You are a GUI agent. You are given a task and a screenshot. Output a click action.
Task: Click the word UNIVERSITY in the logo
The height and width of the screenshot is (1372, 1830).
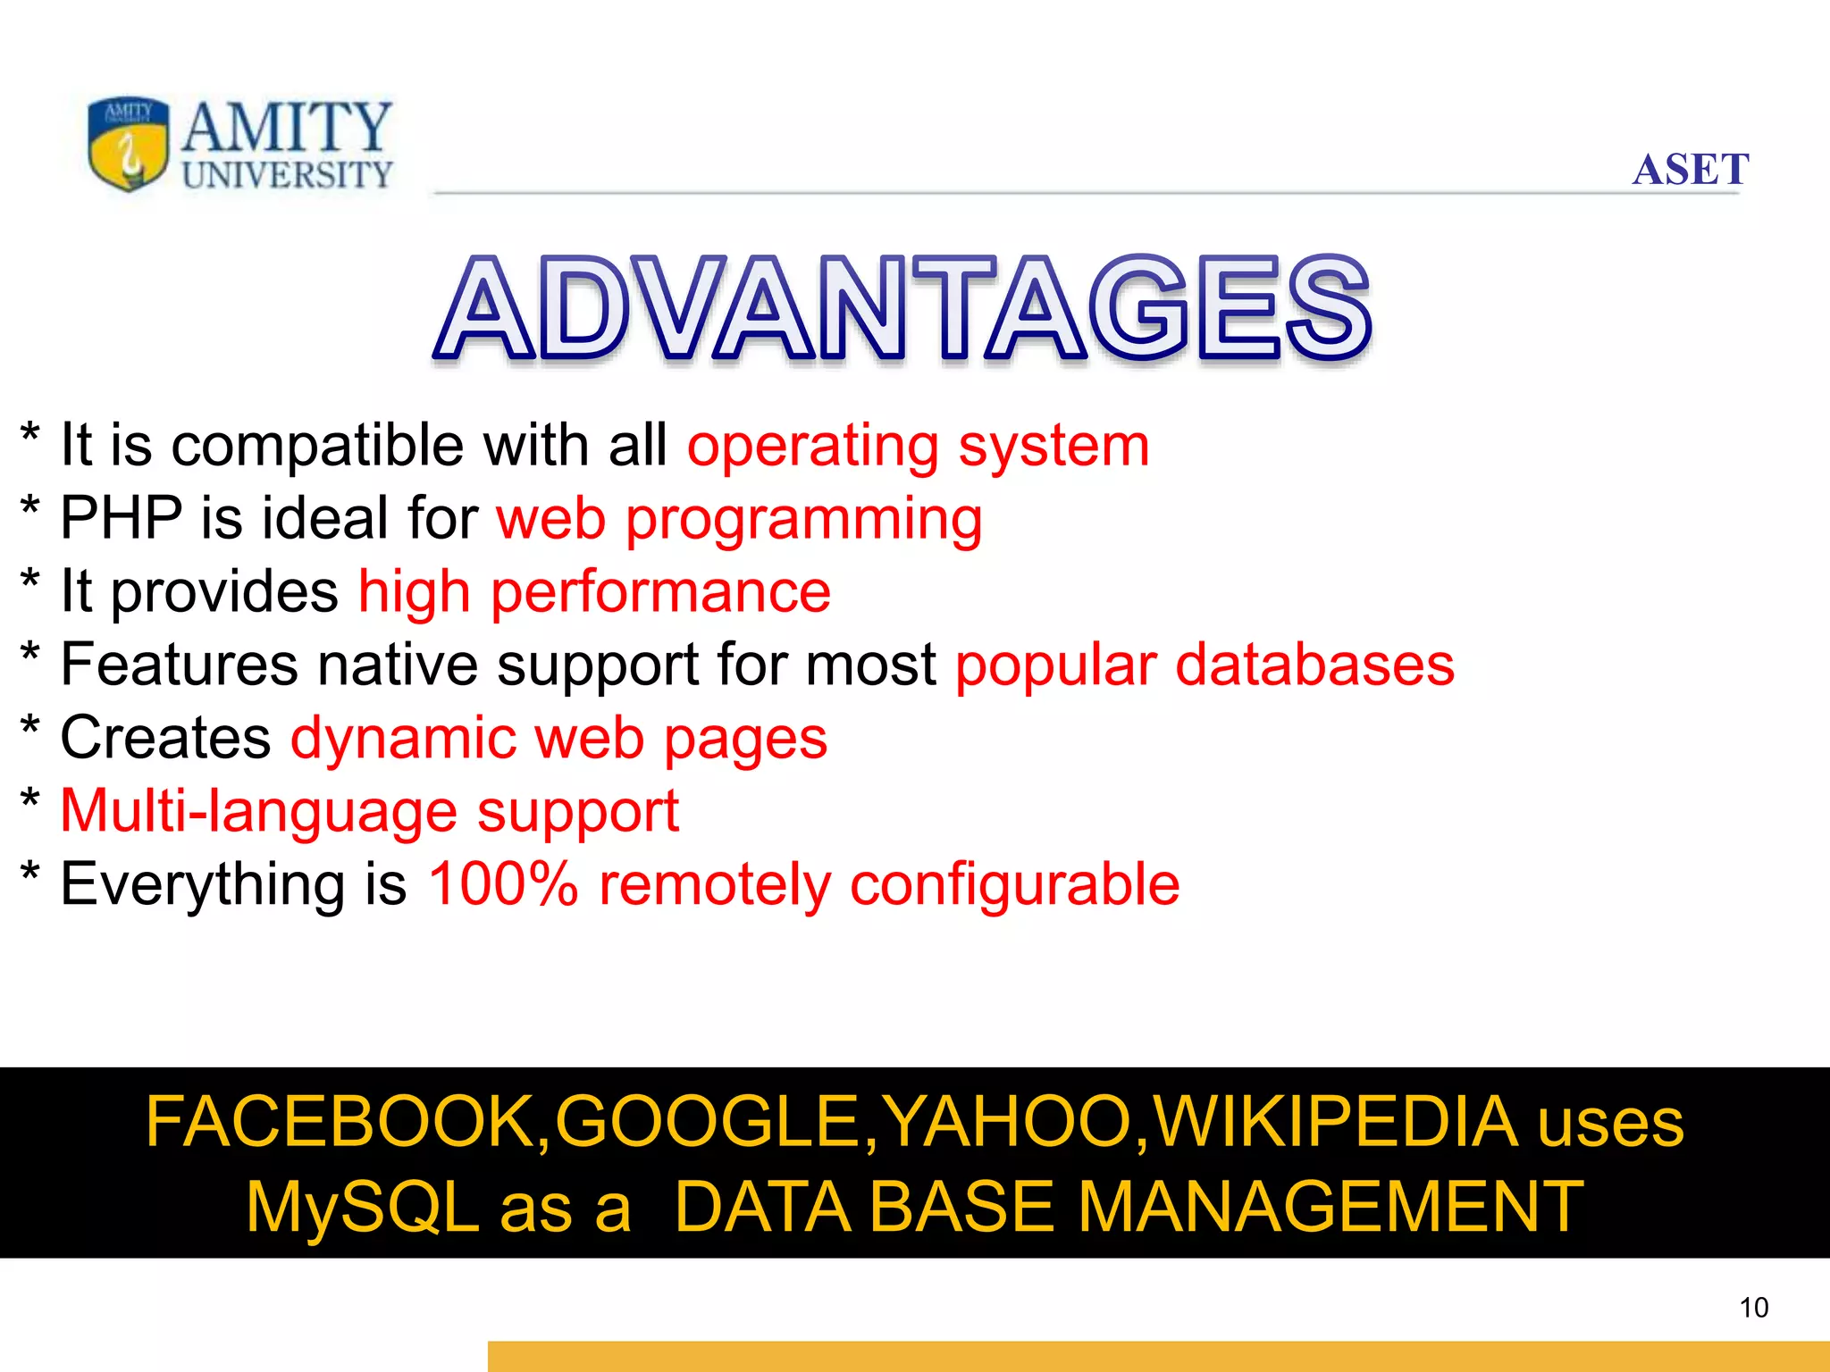(287, 175)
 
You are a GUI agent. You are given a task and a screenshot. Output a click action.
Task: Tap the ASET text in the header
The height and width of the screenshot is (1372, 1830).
(1690, 170)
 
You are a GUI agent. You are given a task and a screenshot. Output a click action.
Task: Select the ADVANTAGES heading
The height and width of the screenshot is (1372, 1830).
(902, 309)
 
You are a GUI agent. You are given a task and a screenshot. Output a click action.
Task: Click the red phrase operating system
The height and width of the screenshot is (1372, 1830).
(918, 446)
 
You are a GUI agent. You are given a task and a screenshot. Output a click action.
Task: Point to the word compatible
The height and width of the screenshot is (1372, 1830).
(317, 445)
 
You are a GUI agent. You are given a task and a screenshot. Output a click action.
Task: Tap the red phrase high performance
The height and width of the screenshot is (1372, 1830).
(594, 592)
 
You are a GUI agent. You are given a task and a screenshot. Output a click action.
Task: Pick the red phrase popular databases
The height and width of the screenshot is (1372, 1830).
(1205, 665)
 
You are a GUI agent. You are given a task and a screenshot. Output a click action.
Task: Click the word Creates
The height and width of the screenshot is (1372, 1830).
(165, 739)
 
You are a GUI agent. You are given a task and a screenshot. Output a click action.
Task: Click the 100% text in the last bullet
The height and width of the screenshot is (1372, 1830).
(503, 884)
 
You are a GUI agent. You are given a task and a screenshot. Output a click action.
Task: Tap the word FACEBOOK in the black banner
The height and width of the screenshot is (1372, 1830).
(340, 1122)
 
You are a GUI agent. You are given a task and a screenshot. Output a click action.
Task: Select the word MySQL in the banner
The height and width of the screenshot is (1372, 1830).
(363, 1208)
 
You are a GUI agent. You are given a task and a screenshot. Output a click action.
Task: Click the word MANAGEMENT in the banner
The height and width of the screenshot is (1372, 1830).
(1331, 1208)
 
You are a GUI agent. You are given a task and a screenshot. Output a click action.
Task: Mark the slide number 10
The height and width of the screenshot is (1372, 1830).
(1753, 1308)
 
